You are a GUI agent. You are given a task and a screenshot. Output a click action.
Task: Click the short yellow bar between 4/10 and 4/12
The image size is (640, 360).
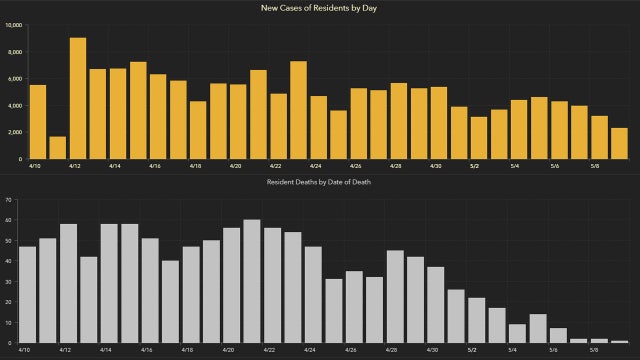(57, 148)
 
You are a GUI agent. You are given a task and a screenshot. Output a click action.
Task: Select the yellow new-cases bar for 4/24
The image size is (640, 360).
(318, 127)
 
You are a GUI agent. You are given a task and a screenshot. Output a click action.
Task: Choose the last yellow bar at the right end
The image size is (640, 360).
(619, 143)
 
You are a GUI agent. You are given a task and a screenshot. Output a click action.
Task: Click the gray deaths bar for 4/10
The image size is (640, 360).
(27, 295)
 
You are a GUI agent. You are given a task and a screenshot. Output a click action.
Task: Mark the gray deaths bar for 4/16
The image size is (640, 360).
(150, 291)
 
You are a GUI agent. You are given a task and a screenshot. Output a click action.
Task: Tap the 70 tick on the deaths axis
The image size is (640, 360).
(8, 201)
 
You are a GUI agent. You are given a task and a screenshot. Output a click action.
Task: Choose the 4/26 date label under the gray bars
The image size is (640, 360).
(351, 351)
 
